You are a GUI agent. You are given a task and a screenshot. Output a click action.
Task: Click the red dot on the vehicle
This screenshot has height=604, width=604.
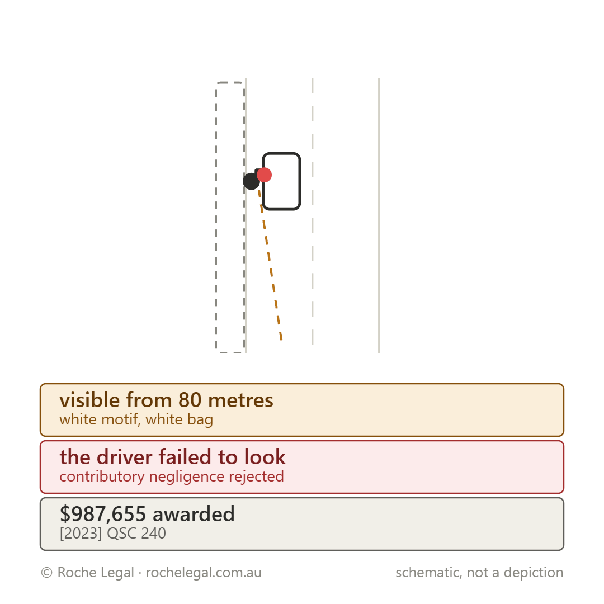tap(264, 175)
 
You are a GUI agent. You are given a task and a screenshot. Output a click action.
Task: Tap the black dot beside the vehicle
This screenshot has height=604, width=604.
tap(251, 181)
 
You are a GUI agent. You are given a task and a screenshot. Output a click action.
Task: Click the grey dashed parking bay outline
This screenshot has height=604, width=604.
tap(216, 218)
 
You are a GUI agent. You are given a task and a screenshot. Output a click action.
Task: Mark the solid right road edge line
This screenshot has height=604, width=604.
tap(379, 216)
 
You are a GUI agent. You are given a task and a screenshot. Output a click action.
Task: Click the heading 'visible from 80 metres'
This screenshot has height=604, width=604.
tap(167, 400)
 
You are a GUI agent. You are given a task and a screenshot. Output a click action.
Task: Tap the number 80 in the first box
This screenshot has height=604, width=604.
tap(190, 400)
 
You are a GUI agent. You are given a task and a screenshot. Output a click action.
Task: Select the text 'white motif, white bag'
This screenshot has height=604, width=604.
tap(136, 419)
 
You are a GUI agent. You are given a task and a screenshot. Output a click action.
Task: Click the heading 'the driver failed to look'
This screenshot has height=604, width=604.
tap(173, 457)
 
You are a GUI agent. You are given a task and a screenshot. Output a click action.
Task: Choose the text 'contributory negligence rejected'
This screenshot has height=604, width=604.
tap(172, 476)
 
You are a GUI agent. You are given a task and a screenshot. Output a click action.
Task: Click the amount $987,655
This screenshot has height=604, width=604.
tap(103, 515)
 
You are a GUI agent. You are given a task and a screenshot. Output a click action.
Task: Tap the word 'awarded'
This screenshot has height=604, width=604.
tap(194, 515)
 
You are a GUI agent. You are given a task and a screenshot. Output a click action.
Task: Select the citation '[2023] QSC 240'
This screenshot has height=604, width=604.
tap(113, 534)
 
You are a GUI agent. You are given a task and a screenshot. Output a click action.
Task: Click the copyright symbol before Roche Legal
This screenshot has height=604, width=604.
tap(46, 573)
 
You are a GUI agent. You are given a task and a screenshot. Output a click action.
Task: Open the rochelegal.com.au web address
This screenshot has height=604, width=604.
tap(204, 573)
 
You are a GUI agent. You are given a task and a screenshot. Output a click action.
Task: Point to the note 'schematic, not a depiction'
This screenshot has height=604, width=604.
tap(480, 573)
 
